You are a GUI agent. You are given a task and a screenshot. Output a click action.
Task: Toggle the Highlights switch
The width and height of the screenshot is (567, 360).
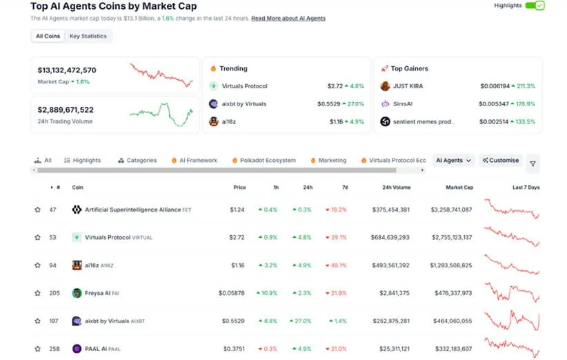[x=535, y=6]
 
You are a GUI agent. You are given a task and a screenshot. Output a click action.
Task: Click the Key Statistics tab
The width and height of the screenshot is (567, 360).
[x=88, y=36]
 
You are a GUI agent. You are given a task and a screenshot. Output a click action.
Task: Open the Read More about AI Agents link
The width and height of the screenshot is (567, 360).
[x=288, y=18]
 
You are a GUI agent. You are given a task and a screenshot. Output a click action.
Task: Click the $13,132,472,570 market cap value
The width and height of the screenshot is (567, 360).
[x=67, y=70]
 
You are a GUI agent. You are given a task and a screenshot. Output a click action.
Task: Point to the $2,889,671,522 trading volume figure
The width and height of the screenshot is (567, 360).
[x=66, y=110]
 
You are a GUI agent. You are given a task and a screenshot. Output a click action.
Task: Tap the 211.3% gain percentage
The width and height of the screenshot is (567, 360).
[x=525, y=86]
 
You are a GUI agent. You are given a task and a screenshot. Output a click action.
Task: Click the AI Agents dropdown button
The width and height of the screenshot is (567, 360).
[x=453, y=160]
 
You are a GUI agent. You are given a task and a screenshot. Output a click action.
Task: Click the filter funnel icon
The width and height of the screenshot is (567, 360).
[x=532, y=164]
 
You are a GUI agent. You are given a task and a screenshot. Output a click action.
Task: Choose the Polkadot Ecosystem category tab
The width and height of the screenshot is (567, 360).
[x=268, y=160]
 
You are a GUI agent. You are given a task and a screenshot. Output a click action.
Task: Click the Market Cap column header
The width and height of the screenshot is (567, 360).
[x=459, y=187]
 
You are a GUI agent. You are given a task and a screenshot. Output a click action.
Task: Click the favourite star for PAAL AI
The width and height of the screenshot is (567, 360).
[x=38, y=349]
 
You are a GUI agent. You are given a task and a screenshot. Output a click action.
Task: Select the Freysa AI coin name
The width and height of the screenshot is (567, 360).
[x=98, y=293]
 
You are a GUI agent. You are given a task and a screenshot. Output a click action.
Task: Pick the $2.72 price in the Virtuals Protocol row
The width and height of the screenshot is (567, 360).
[x=237, y=237]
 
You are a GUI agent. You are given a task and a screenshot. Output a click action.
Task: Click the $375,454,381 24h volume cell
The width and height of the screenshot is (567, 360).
[x=390, y=210]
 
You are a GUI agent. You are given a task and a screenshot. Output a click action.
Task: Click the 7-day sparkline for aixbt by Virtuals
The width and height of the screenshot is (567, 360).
[x=512, y=321]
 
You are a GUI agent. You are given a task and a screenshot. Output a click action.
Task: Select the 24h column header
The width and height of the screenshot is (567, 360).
[x=308, y=187]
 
